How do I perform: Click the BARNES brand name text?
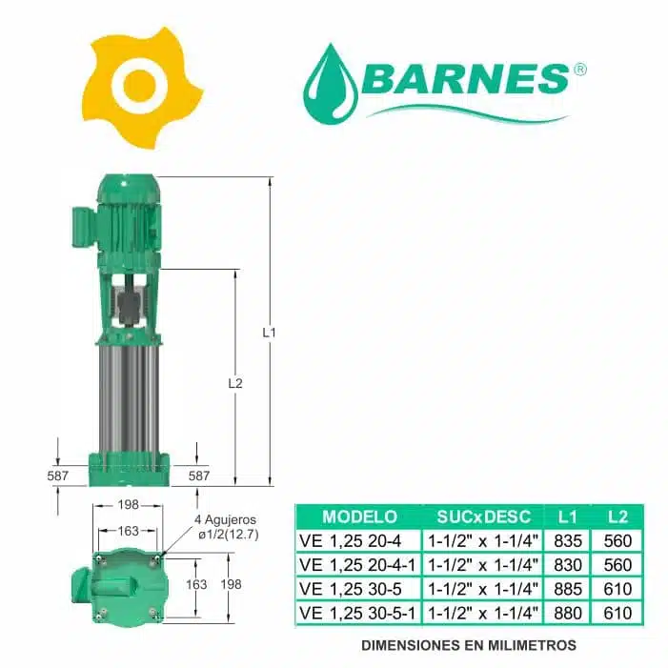pos(466,79)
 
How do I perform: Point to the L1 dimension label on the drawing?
pos(269,333)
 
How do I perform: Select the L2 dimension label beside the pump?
pos(235,383)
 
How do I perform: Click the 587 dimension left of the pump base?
pos(57,476)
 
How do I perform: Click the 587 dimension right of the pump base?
pos(199,476)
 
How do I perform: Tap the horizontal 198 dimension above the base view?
pos(129,505)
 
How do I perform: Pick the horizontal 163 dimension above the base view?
pos(129,531)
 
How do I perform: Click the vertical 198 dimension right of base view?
pos(231,584)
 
